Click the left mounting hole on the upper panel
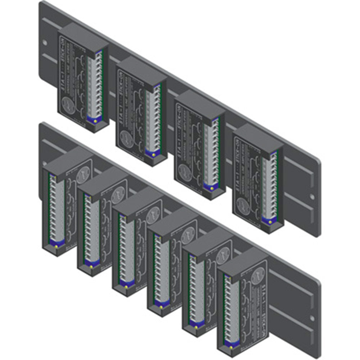pyautogui.click(x=45, y=43)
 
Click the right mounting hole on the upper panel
pyautogui.click(x=311, y=197)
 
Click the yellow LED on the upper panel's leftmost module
pyautogui.click(x=95, y=121)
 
